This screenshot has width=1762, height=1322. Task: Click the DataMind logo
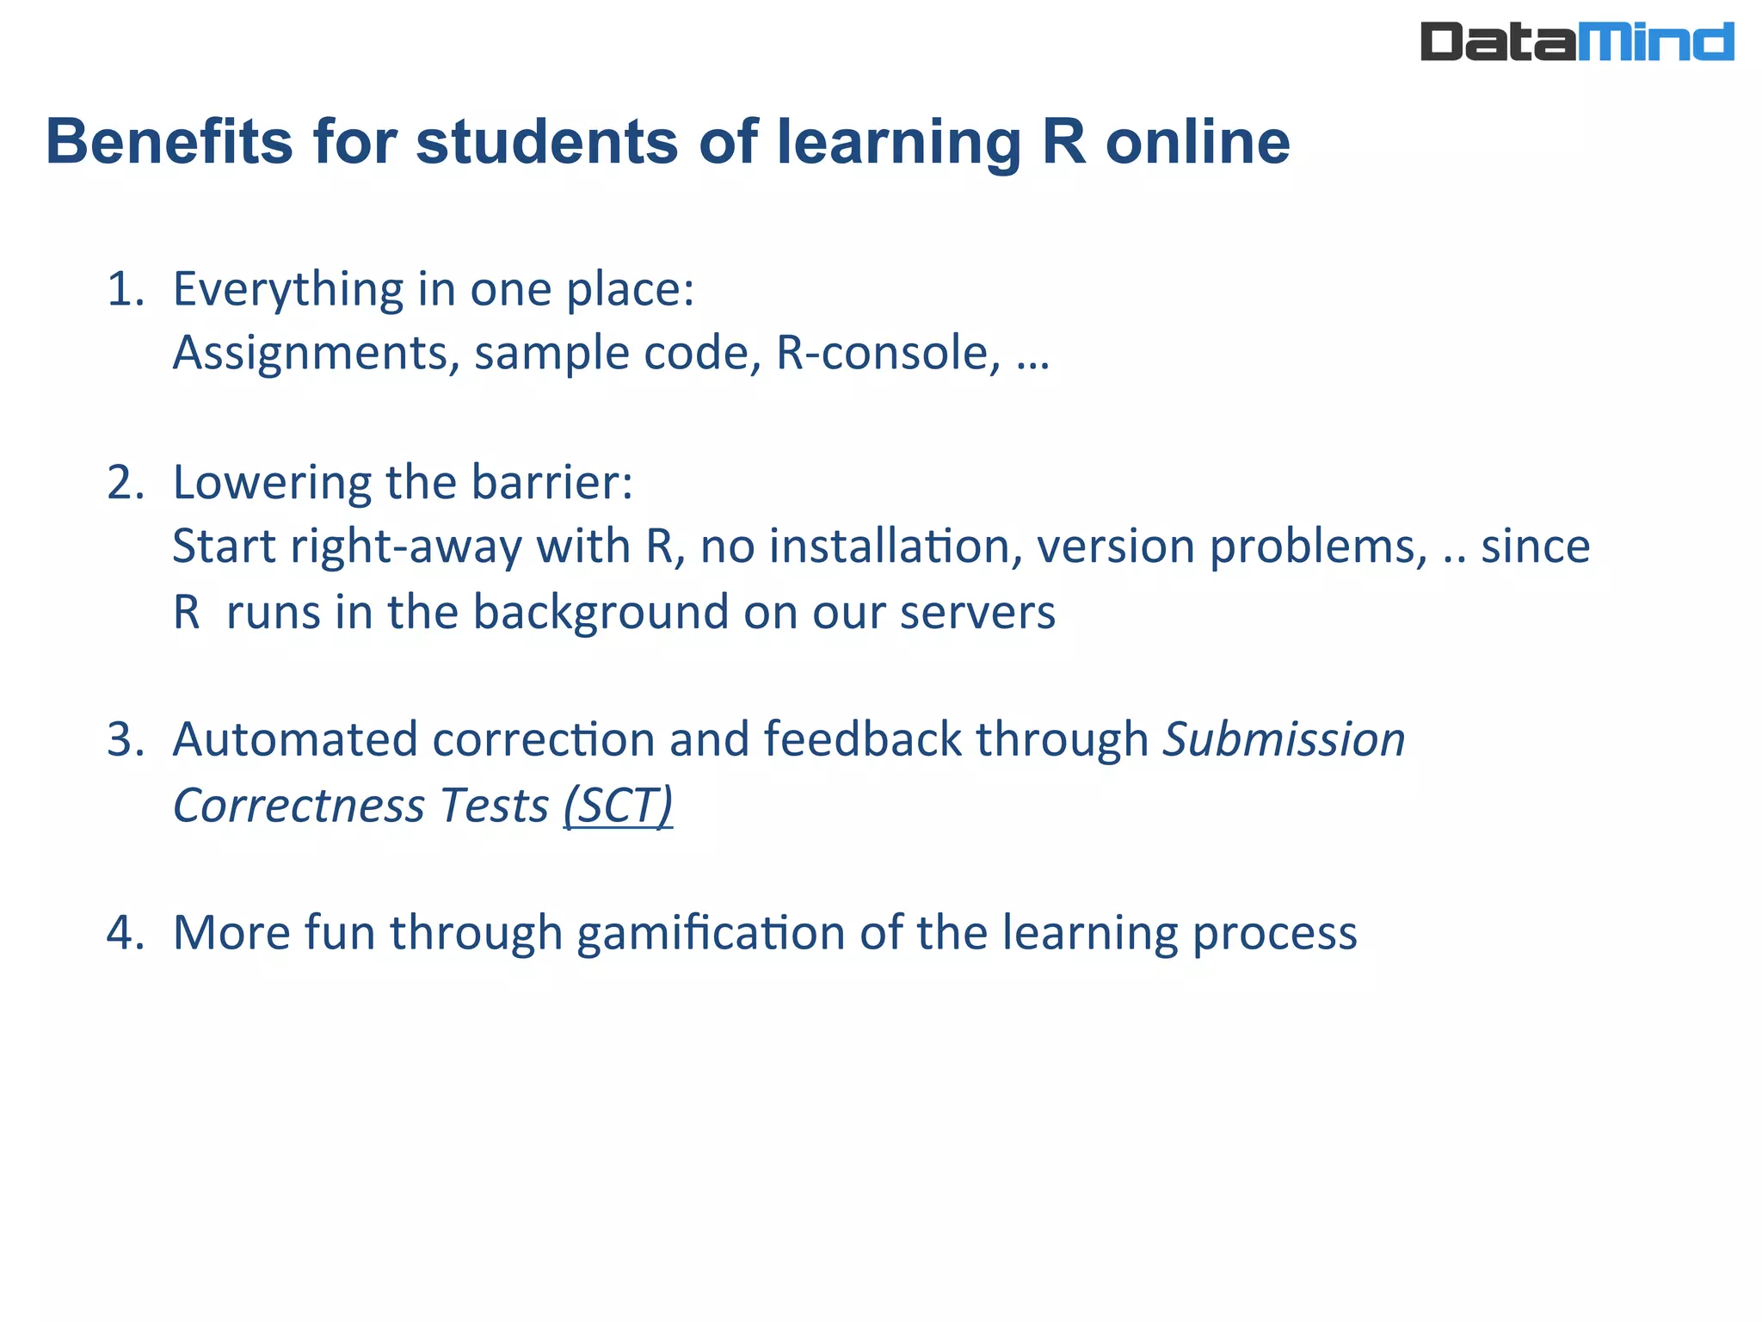coord(1576,42)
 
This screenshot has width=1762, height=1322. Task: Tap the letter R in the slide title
coord(1063,142)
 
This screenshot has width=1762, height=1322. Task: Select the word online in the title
coord(1197,142)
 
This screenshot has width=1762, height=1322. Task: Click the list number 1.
coord(126,289)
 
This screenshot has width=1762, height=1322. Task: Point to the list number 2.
coord(126,483)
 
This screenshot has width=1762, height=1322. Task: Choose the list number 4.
coord(126,933)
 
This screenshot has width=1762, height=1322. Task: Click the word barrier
coord(551,483)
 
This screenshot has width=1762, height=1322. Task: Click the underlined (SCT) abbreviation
coord(618,806)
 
